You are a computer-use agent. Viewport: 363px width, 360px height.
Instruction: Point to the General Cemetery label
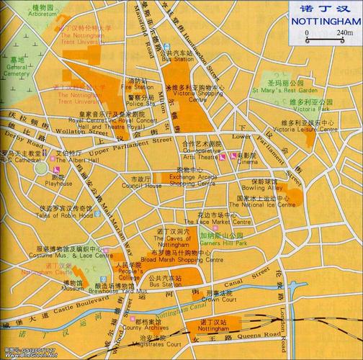16,70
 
